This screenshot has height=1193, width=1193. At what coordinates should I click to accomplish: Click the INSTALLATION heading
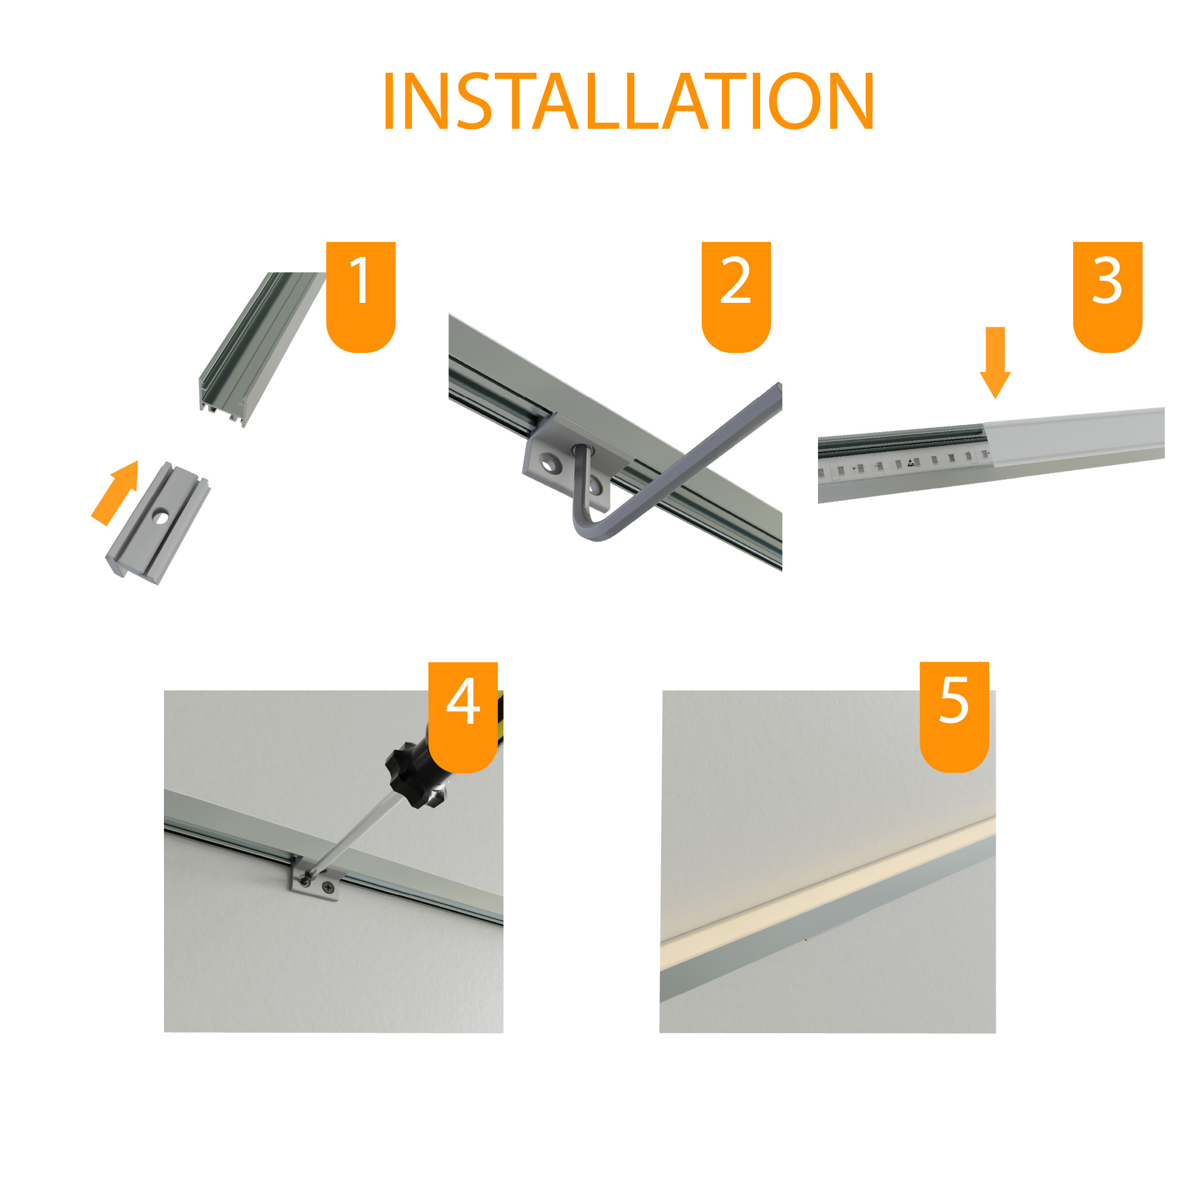click(x=628, y=101)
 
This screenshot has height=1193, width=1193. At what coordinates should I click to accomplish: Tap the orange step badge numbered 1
click(x=361, y=296)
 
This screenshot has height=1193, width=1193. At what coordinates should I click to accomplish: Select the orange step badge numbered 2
click(x=736, y=296)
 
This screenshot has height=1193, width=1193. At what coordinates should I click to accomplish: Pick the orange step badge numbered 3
click(x=1108, y=296)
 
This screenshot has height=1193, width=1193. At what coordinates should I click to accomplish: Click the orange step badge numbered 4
click(x=463, y=717)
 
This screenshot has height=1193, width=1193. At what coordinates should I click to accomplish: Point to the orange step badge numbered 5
click(x=955, y=717)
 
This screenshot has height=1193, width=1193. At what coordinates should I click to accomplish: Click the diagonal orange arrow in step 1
click(x=115, y=492)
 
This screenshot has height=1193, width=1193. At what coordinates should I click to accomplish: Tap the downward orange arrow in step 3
click(x=996, y=362)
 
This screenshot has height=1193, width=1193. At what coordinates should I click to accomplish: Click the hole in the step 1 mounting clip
click(x=160, y=517)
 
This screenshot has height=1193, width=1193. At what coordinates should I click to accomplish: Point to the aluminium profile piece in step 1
click(x=262, y=349)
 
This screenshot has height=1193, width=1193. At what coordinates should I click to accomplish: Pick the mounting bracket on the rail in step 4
click(x=315, y=879)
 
